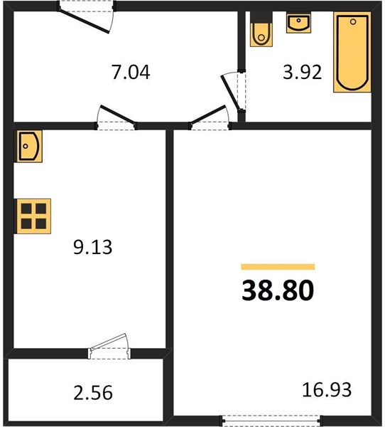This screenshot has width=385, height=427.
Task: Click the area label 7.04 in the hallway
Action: tap(131, 72)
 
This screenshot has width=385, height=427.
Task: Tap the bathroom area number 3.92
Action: tap(303, 72)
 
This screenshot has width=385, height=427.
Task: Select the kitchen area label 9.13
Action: tap(93, 247)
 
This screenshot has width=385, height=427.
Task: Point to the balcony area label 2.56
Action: tap(93, 392)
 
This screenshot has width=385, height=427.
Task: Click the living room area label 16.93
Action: tap(327, 389)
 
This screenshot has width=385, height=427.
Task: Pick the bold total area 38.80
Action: tap(278, 290)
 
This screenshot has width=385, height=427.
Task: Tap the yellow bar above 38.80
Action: tap(278, 267)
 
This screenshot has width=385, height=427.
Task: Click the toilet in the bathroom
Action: tap(261, 29)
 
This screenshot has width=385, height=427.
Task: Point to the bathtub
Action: tap(352, 52)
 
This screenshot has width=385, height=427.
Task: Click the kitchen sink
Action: tap(29, 146)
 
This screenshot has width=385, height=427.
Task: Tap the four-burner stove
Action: tap(33, 216)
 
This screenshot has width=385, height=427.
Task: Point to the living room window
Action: tap(271, 420)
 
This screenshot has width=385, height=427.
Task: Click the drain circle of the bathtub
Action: tap(353, 22)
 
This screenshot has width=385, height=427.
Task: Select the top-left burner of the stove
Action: tap(26, 209)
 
